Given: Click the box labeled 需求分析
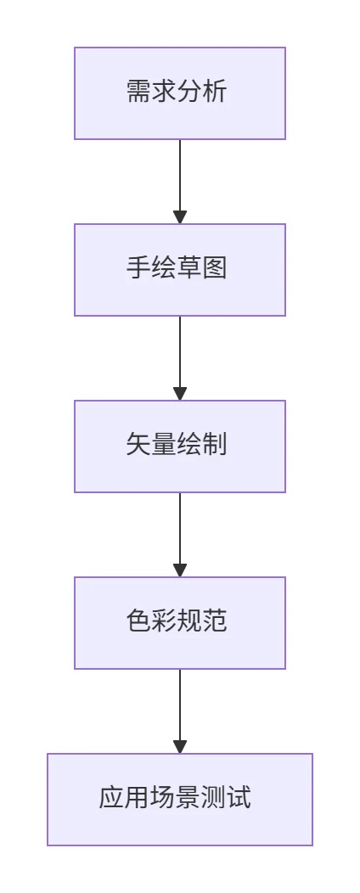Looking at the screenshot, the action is click(179, 93).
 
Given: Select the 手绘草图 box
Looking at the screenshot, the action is click(179, 270).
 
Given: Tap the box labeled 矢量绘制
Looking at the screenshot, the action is click(179, 446).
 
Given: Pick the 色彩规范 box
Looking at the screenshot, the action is click(179, 623).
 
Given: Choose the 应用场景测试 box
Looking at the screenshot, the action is click(179, 800).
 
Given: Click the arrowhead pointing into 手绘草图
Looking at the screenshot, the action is click(180, 217).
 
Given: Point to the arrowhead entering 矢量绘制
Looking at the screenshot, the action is click(180, 394).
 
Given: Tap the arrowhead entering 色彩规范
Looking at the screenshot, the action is click(180, 570).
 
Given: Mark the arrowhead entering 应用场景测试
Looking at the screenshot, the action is click(180, 747).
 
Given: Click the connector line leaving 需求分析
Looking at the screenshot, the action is click(180, 176).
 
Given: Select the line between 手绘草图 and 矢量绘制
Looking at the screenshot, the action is click(180, 352).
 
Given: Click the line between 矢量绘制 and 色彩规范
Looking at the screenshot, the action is click(180, 529).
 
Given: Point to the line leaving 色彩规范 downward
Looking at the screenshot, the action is click(180, 705).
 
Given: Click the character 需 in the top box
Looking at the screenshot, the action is click(138, 92).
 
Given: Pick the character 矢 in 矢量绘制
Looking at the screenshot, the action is click(138, 445).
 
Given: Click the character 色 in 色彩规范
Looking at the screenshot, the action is click(138, 621).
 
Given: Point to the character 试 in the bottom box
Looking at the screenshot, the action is click(239, 798).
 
